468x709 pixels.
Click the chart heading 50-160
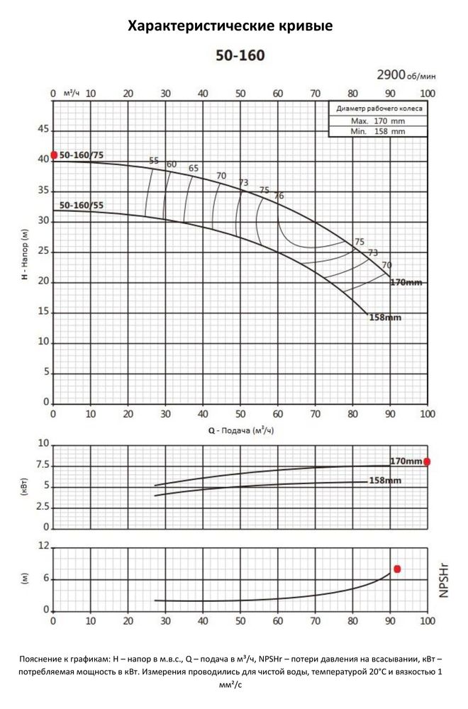[x=240, y=55]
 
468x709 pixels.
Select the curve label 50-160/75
[x=82, y=155]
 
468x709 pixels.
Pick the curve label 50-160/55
[x=82, y=206]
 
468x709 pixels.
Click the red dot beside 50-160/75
[x=54, y=155]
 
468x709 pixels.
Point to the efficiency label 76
[x=279, y=196]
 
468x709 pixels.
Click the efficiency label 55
[x=154, y=161]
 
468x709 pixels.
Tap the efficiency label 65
[x=194, y=168]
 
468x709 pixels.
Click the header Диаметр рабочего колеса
[x=379, y=109]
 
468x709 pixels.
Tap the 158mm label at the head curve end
[x=385, y=318]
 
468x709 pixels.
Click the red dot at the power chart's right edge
[x=427, y=462]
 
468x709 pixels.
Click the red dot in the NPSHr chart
[x=398, y=569]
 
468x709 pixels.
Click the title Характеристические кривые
[x=230, y=26]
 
